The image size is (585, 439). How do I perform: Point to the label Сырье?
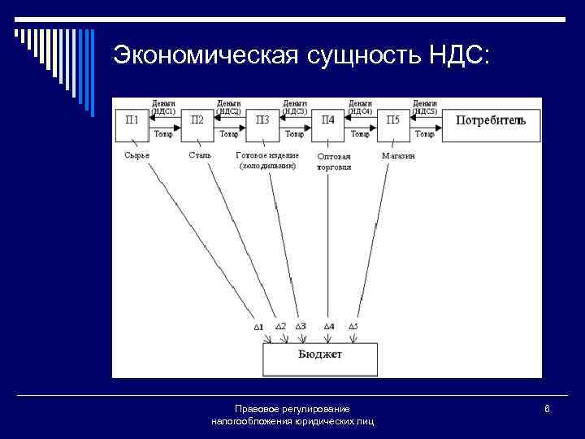click(x=137, y=155)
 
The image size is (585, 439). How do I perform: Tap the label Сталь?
click(x=200, y=155)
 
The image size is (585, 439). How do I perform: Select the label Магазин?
click(x=398, y=155)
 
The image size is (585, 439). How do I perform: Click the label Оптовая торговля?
click(x=334, y=161)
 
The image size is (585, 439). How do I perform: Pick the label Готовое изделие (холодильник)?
click(x=267, y=160)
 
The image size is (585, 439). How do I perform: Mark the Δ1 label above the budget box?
click(x=258, y=327)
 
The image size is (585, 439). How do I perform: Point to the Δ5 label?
click(x=353, y=326)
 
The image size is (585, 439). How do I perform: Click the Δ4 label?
click(x=329, y=326)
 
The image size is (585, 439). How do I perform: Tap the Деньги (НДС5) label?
click(x=425, y=107)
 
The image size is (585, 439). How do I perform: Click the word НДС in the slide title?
click(x=455, y=54)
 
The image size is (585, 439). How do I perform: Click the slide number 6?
click(x=548, y=408)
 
